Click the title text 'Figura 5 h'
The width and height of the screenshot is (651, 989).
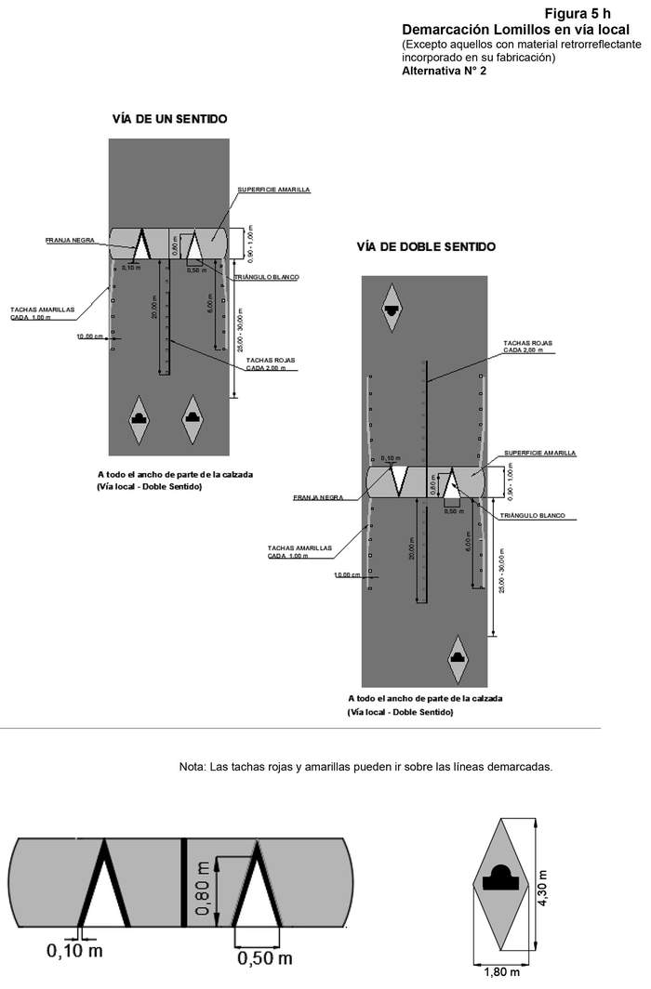point(578,13)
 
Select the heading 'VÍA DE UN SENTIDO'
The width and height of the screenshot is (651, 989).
point(169,119)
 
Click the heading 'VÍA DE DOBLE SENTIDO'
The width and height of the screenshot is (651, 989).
point(426,247)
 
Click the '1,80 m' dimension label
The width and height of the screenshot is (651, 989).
point(505,974)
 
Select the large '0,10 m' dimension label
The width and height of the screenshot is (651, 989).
point(74,951)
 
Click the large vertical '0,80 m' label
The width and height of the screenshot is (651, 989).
point(204,890)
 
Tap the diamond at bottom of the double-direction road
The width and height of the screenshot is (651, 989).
point(458,655)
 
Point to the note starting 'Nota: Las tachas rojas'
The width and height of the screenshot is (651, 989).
point(365,768)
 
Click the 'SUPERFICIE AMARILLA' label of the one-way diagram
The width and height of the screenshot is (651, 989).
point(273,190)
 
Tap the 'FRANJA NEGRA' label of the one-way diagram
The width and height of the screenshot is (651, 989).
point(67,240)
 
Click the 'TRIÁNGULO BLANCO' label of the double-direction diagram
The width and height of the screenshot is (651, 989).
point(533,515)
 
